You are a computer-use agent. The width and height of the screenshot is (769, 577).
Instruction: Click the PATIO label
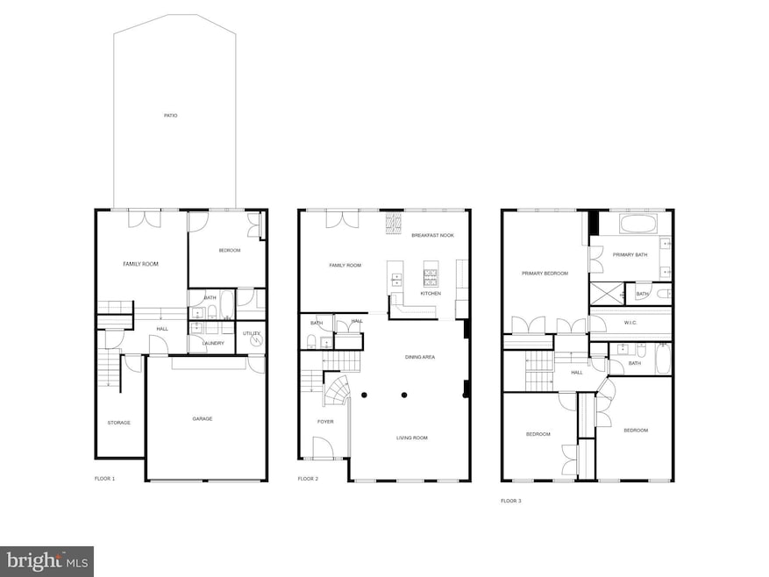click(170, 115)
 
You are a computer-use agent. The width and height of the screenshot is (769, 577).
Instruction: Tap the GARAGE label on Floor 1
click(203, 418)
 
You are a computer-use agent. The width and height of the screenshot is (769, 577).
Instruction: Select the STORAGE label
click(119, 423)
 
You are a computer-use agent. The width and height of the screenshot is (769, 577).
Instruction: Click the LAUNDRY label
click(213, 343)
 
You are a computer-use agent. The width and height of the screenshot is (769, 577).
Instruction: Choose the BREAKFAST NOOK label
click(433, 235)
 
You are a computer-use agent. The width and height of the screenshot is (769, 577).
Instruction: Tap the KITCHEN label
click(431, 293)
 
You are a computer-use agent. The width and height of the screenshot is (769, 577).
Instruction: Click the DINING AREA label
click(419, 357)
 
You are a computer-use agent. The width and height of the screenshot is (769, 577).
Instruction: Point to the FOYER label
click(325, 422)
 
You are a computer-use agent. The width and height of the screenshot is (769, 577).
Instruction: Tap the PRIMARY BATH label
click(629, 254)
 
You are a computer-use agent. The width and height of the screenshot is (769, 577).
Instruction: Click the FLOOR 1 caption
click(104, 479)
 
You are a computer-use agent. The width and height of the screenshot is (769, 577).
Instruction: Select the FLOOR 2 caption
click(308, 479)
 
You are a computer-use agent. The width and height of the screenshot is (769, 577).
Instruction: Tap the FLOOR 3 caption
click(510, 501)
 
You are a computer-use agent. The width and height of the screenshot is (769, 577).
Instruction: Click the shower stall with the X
click(608, 293)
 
